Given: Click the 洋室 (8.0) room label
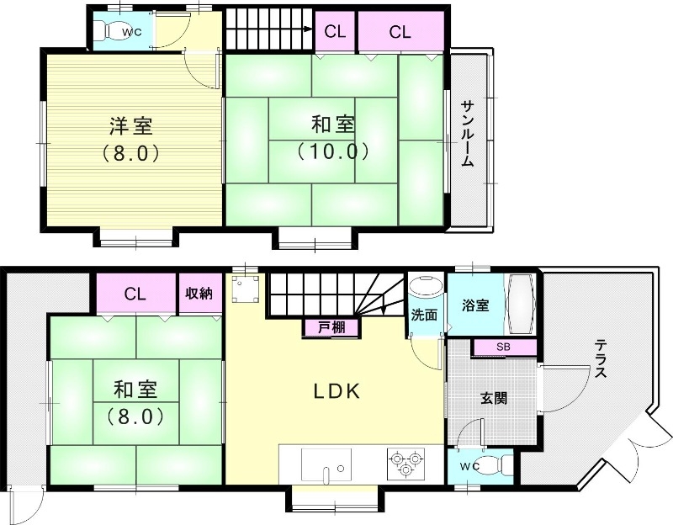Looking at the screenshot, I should (x=130, y=140).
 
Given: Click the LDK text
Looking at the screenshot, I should (x=337, y=391).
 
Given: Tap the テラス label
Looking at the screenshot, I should (x=601, y=360).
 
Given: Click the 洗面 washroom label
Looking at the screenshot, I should (x=423, y=315).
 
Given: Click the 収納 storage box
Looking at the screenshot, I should (x=199, y=294).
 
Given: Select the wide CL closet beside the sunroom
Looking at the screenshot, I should (x=400, y=33).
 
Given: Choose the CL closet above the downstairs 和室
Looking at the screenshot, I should (x=135, y=294).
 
